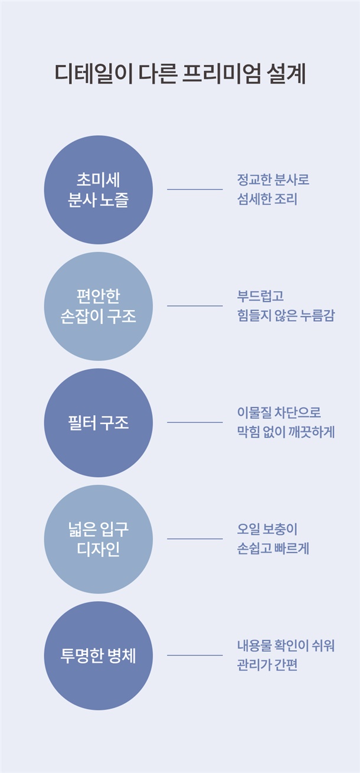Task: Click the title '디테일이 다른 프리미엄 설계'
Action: coord(180,75)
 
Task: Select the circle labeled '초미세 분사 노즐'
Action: coord(99,190)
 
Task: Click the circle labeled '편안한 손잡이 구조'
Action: coord(99,306)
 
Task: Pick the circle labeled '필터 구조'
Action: coord(99,422)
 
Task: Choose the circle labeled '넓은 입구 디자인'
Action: coord(99,539)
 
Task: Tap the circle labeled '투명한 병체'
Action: coord(99,655)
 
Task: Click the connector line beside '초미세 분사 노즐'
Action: coord(195,190)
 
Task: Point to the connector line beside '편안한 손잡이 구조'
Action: coord(195,306)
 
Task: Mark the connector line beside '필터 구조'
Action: coord(195,422)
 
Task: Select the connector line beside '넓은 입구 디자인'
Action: coord(195,539)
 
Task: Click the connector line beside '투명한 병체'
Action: coord(195,655)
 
